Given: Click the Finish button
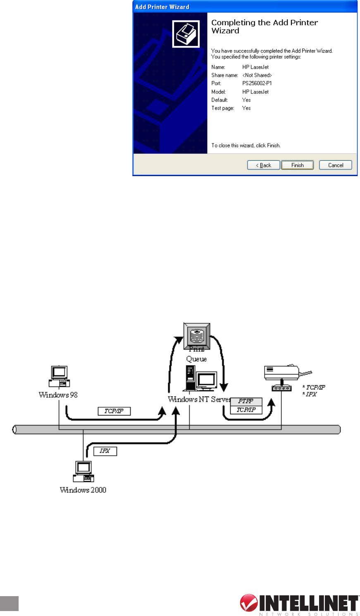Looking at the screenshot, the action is coord(297,165).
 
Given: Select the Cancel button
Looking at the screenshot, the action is coord(336,165).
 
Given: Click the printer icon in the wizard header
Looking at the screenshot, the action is coord(186,34).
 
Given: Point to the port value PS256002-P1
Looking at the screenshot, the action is coord(257,84).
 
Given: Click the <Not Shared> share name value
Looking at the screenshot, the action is coord(257,75).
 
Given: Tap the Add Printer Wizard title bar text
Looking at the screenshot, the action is coord(162,7).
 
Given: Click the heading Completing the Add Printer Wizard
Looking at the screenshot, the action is coord(265,26).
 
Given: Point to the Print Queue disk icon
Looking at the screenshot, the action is coord(197,334).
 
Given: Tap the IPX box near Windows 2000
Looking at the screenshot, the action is coord(105,451).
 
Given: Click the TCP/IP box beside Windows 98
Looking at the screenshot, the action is coord(114,411).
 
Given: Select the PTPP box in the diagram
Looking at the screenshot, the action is coord(246,401).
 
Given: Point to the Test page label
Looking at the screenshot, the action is coord(223,108).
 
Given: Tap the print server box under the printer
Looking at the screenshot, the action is coord(281,388).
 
